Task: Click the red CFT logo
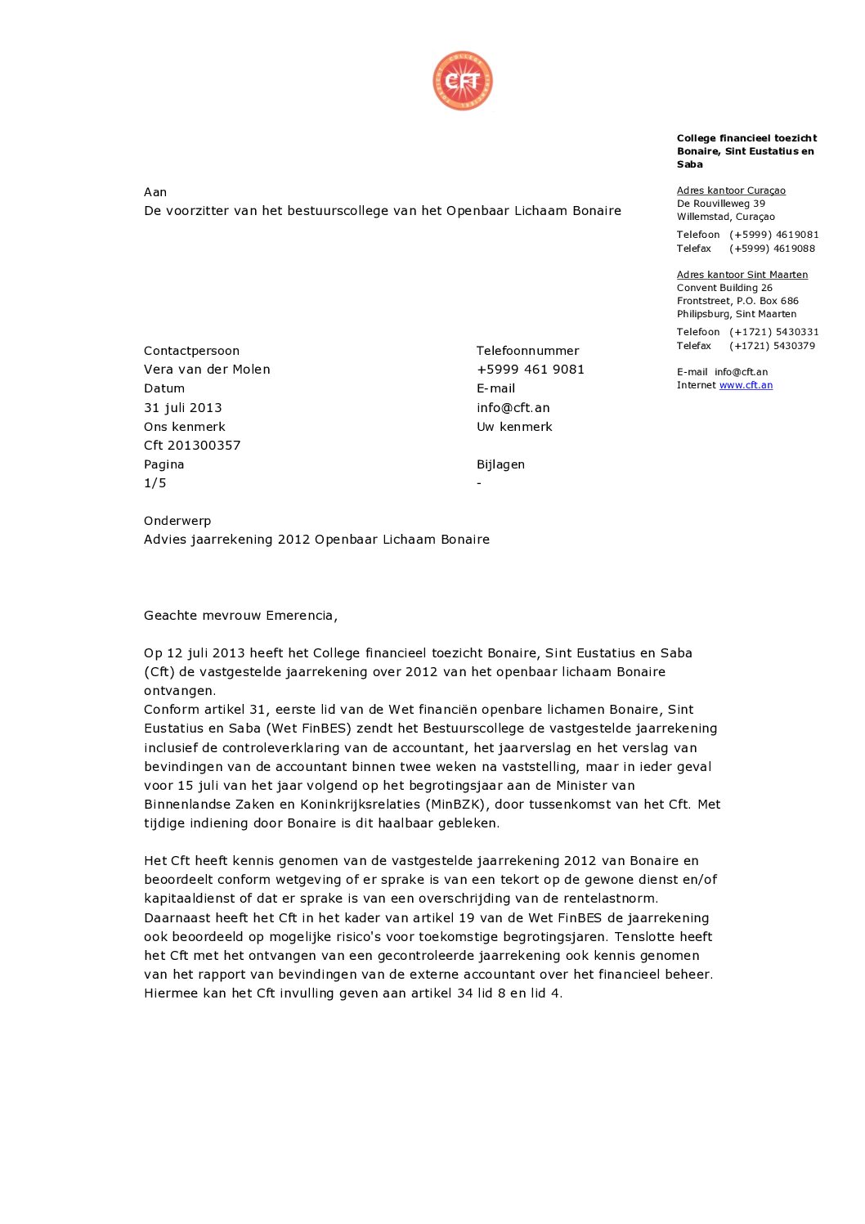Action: point(463,81)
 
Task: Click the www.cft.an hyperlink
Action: point(746,385)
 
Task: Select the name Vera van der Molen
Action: point(207,370)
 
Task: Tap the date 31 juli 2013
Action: point(182,407)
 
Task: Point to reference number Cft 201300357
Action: point(192,446)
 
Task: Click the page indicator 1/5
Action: point(155,483)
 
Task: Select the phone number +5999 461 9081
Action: point(531,370)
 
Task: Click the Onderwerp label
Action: point(177,521)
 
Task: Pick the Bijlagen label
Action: point(500,464)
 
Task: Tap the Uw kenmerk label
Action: point(514,427)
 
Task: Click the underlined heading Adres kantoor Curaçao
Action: point(731,191)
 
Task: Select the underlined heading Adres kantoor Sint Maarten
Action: point(742,275)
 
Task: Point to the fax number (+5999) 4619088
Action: point(772,249)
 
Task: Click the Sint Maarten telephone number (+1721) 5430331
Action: point(773,332)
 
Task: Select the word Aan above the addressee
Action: point(155,192)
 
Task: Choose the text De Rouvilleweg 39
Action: point(721,204)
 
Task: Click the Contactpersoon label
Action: point(191,351)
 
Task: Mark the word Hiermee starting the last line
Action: point(170,993)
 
